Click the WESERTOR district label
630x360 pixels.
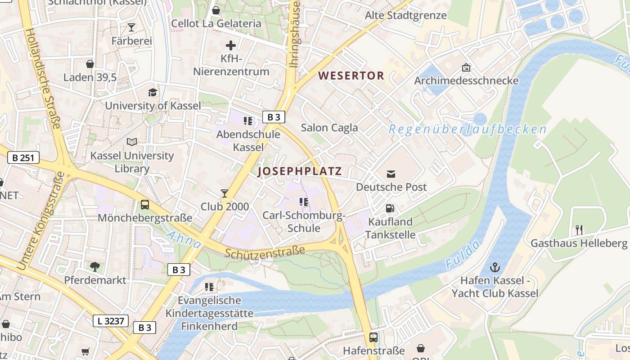pyautogui.click(x=351, y=76)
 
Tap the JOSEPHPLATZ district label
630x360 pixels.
pyautogui.click(x=300, y=171)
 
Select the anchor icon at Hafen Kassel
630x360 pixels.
pyautogui.click(x=495, y=267)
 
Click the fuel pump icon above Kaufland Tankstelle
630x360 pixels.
pyautogui.click(x=390, y=208)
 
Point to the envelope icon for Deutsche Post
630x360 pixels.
pyautogui.click(x=391, y=174)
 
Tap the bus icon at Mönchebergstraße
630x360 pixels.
pyautogui.click(x=145, y=205)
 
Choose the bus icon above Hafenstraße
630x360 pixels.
pyautogui.click(x=373, y=337)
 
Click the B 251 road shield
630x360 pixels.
pyautogui.click(x=23, y=158)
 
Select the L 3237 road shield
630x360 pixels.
pyautogui.click(x=111, y=321)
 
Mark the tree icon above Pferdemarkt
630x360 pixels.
pyautogui.click(x=95, y=266)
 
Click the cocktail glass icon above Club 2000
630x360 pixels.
pyautogui.click(x=225, y=193)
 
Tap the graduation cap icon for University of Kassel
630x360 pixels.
pyautogui.click(x=153, y=92)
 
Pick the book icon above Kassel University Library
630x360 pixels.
pyautogui.click(x=132, y=142)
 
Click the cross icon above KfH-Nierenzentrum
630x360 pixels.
pyautogui.click(x=231, y=45)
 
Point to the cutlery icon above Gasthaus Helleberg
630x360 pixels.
pyautogui.click(x=579, y=230)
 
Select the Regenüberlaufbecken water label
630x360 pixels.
pyautogui.click(x=468, y=130)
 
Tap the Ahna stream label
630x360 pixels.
pyautogui.click(x=184, y=239)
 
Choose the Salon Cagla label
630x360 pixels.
pyautogui.click(x=329, y=128)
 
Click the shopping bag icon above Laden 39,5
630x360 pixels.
pyautogui.click(x=90, y=64)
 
